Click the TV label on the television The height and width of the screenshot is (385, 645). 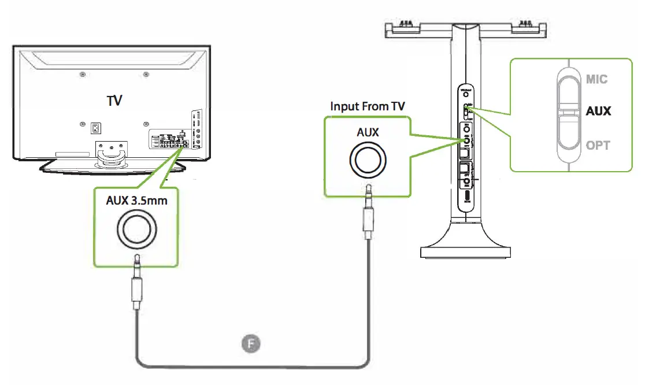point(114,101)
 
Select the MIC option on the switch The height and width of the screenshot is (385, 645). point(596,79)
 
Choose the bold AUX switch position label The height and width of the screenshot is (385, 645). point(598,111)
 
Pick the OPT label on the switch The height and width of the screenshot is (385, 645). point(597,145)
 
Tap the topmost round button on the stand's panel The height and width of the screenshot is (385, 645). point(466,94)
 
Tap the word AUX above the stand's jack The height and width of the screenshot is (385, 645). point(368,132)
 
